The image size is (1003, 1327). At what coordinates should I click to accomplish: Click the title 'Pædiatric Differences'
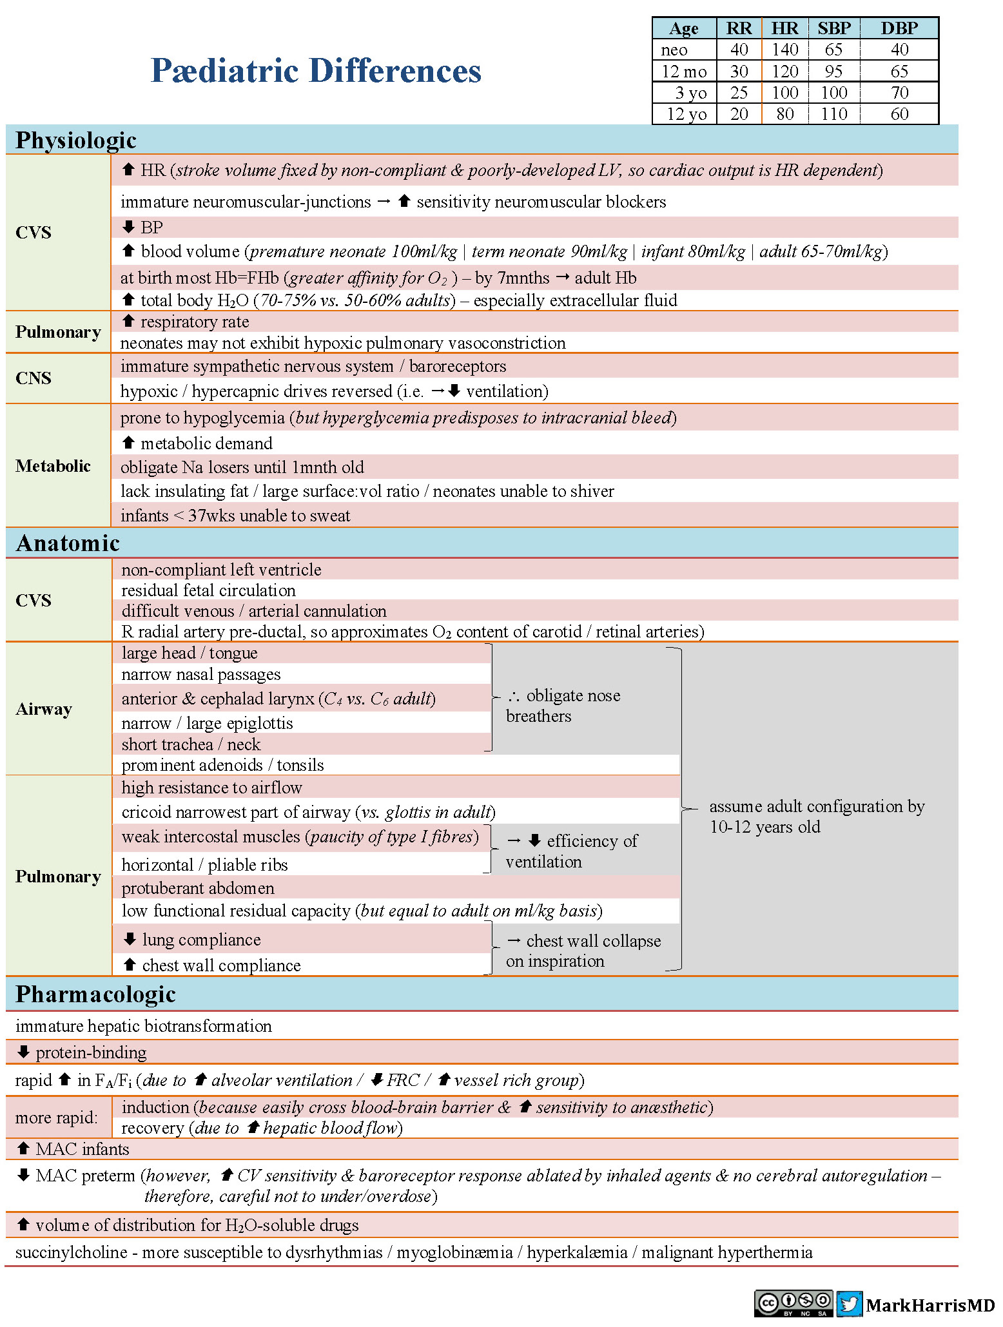point(316,70)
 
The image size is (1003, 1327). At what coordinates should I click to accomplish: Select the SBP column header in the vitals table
point(834,28)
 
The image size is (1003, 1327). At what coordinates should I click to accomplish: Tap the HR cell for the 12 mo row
point(784,71)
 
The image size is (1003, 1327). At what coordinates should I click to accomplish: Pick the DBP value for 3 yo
point(899,93)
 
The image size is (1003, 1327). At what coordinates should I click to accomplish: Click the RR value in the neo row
point(739,50)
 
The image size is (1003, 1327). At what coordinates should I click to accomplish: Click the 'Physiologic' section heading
point(76,140)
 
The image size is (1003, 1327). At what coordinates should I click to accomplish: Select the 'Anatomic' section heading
point(68,543)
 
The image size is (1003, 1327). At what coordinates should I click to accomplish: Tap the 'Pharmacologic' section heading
point(95,994)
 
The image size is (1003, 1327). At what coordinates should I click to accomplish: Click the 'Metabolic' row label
point(53,466)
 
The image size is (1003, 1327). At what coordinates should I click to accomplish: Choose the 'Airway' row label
point(44,709)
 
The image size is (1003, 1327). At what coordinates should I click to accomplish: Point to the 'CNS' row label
point(34,378)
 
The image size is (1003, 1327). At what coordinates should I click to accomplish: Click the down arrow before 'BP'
point(128,227)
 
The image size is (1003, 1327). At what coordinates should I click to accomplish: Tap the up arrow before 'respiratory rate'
point(128,321)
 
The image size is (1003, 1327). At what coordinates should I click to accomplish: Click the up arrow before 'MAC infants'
point(23,1148)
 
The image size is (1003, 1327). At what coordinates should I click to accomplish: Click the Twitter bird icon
point(849,1304)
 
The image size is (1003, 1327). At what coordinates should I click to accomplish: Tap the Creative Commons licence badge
point(793,1304)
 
